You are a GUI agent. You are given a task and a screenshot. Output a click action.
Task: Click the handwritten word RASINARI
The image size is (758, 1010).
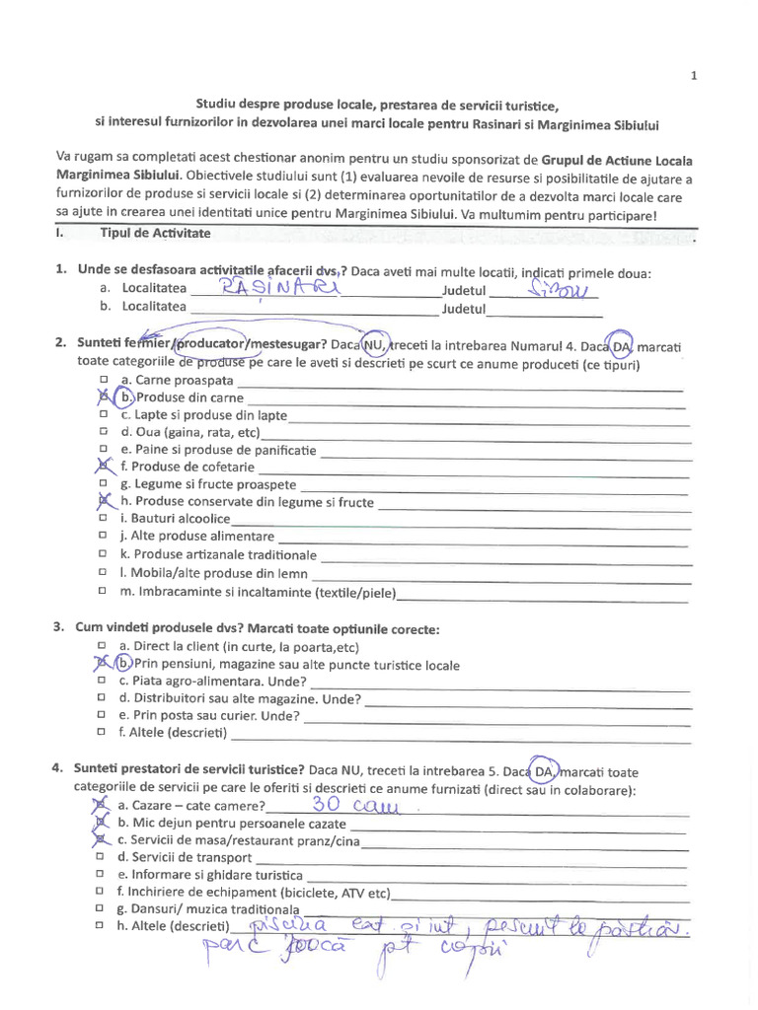pyautogui.click(x=279, y=287)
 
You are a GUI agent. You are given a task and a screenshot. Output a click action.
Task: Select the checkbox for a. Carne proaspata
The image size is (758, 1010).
pyautogui.click(x=103, y=380)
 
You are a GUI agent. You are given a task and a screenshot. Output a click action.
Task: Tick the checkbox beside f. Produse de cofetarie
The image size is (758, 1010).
pyautogui.click(x=102, y=467)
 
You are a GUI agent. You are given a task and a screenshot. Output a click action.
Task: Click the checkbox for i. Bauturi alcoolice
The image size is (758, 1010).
pyautogui.click(x=103, y=519)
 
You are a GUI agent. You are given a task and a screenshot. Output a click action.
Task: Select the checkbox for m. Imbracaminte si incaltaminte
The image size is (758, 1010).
pyautogui.click(x=103, y=592)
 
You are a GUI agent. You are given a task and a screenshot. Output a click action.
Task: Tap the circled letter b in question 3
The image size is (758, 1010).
pyautogui.click(x=122, y=664)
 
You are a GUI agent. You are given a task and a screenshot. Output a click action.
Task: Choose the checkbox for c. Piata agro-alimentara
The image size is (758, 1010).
pyautogui.click(x=103, y=682)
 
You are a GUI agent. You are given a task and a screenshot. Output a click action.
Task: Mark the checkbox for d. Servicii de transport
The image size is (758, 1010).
pyautogui.click(x=103, y=858)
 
